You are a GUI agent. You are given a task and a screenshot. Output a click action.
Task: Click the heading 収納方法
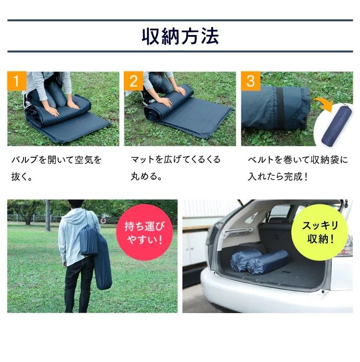click(180, 36)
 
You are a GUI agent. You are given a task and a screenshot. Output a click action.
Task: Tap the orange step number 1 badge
click(16, 81)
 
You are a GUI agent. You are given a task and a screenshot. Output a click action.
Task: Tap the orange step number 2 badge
click(133, 81)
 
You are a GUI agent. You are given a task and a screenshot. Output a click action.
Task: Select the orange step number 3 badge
click(250, 81)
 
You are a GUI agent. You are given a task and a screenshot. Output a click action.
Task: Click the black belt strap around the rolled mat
click(280, 108)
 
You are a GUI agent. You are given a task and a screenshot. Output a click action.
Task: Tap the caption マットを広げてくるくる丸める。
click(175, 168)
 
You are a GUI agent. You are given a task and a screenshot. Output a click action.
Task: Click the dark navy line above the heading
click(180, 21)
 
